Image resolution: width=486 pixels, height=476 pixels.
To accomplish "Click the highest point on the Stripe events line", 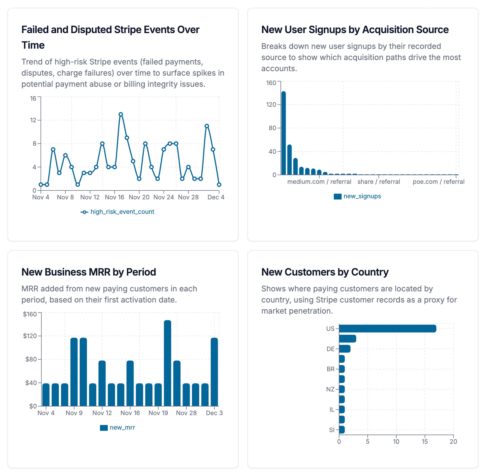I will [121, 114].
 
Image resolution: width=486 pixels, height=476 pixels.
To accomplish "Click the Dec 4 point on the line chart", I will [219, 184].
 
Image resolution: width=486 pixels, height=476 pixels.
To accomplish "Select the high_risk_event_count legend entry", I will [117, 212].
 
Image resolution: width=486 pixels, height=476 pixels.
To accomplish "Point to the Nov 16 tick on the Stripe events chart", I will [114, 197].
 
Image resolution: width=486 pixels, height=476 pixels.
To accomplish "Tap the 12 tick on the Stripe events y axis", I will [33, 120].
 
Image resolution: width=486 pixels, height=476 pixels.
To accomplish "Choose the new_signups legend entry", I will [357, 196].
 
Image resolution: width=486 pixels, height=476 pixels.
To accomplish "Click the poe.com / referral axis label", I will [438, 182].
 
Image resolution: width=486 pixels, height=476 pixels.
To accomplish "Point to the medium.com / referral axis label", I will [319, 182].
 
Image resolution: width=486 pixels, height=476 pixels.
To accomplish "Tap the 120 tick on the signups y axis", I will [271, 105].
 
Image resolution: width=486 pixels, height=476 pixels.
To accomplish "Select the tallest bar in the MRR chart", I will [167, 363].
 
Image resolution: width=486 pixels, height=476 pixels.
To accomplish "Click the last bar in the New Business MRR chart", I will [214, 372].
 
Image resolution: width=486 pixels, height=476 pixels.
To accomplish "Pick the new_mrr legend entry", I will [117, 428].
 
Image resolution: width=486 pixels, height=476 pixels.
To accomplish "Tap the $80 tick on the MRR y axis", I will [31, 359].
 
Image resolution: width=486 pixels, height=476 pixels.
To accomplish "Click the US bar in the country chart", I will [387, 329].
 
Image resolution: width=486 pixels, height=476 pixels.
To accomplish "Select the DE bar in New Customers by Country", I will [345, 349].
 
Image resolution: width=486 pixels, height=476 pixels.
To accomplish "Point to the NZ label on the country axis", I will [330, 389].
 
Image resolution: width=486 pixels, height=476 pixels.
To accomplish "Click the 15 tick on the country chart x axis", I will [425, 442].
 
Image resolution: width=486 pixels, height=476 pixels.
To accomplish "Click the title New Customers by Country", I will [325, 272].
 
